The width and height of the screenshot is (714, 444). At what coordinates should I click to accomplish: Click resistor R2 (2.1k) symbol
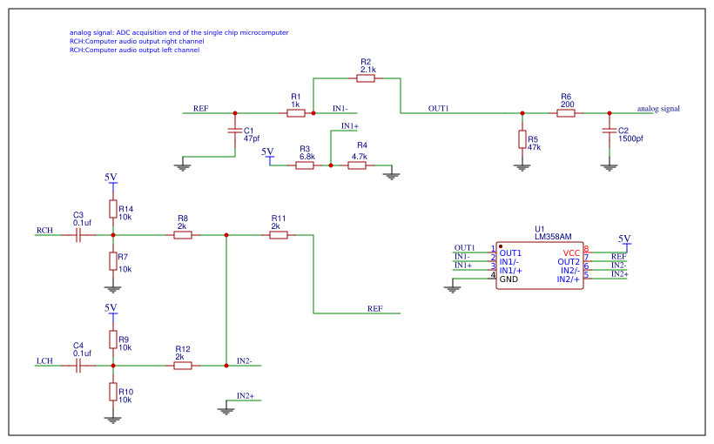click(366, 78)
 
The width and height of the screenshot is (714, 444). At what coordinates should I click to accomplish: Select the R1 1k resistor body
click(296, 113)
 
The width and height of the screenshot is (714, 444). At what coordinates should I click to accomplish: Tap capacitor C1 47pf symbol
click(234, 131)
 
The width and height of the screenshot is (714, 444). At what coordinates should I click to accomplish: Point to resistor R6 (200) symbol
click(566, 113)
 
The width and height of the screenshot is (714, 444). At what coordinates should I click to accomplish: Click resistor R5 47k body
click(522, 139)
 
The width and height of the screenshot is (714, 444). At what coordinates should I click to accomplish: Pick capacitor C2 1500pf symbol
click(610, 131)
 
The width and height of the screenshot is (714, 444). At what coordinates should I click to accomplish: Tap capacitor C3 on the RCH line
click(77, 235)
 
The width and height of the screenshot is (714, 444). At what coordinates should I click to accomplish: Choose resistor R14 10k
click(112, 209)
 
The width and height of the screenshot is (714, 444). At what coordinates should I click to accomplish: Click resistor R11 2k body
click(279, 235)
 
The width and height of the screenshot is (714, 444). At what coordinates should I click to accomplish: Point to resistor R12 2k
click(183, 366)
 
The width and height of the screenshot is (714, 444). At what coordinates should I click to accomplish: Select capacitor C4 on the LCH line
click(77, 366)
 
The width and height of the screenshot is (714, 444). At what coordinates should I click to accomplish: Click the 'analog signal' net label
click(657, 109)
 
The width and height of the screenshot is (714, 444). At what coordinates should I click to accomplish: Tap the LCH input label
click(44, 360)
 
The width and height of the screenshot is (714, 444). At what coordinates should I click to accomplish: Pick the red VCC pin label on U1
click(571, 252)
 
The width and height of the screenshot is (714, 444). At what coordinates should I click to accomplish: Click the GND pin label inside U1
click(509, 279)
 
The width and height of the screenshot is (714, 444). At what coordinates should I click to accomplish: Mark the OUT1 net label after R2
click(438, 109)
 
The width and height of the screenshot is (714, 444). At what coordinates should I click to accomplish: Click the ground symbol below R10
click(112, 419)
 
